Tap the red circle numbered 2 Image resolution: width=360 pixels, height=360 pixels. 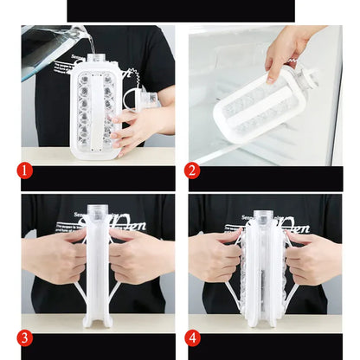click(193, 170)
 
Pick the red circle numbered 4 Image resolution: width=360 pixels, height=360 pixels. click(193, 337)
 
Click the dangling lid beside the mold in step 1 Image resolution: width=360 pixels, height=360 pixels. click(147, 99)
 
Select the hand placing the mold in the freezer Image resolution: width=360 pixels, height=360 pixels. click(287, 48)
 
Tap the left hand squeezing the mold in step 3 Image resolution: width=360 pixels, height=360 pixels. click(54, 257)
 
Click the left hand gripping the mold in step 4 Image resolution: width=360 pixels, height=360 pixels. click(213, 257)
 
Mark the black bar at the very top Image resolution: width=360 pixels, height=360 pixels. click(180, 10)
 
